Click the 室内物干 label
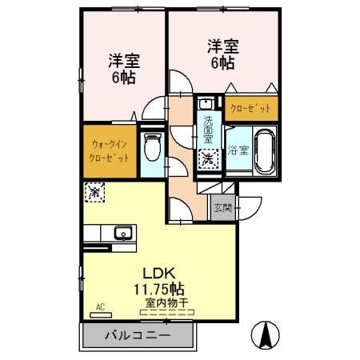tap(166, 302)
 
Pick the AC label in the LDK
tap(101, 306)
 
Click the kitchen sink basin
tap(122, 234)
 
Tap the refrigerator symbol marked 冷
tap(94, 192)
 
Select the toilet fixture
tap(150, 147)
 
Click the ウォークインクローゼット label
tap(110, 151)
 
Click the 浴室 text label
tap(238, 149)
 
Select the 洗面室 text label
tap(207, 129)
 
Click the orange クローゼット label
tap(251, 107)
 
